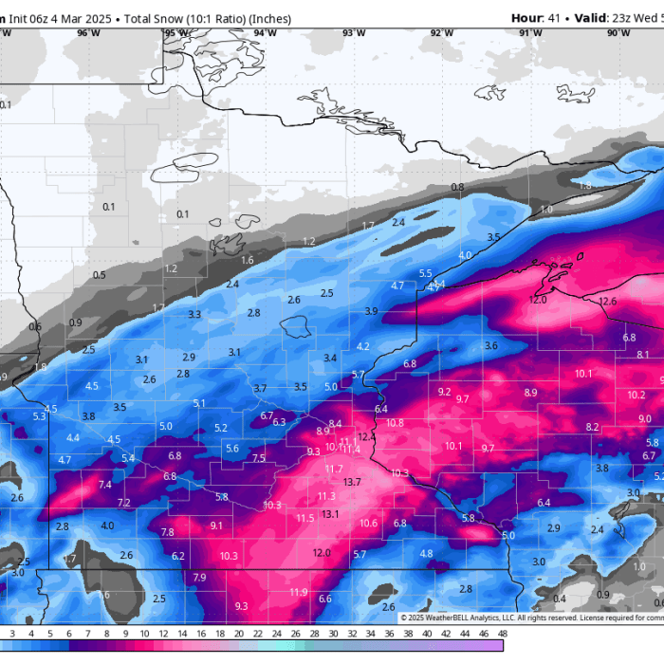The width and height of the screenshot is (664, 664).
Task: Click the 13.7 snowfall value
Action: tap(352, 482)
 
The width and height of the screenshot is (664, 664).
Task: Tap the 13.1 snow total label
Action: tap(330, 514)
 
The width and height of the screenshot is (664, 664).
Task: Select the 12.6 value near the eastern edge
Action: tap(608, 302)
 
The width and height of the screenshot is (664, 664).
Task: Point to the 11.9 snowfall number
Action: tap(299, 592)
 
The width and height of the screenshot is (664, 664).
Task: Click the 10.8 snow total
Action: tap(395, 422)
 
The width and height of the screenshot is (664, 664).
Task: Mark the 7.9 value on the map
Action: tap(199, 578)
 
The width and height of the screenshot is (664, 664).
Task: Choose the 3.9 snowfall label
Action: tap(371, 311)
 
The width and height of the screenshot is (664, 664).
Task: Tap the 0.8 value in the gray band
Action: tap(458, 187)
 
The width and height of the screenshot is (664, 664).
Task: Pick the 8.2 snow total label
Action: tap(592, 427)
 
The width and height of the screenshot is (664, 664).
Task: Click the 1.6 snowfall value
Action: tap(248, 260)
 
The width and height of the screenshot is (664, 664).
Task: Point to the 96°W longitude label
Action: tap(88, 33)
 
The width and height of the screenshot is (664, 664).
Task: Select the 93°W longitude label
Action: tap(354, 33)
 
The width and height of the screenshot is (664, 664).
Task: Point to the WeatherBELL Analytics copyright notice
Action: tap(493, 618)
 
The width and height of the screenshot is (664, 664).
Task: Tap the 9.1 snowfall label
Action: tap(216, 526)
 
